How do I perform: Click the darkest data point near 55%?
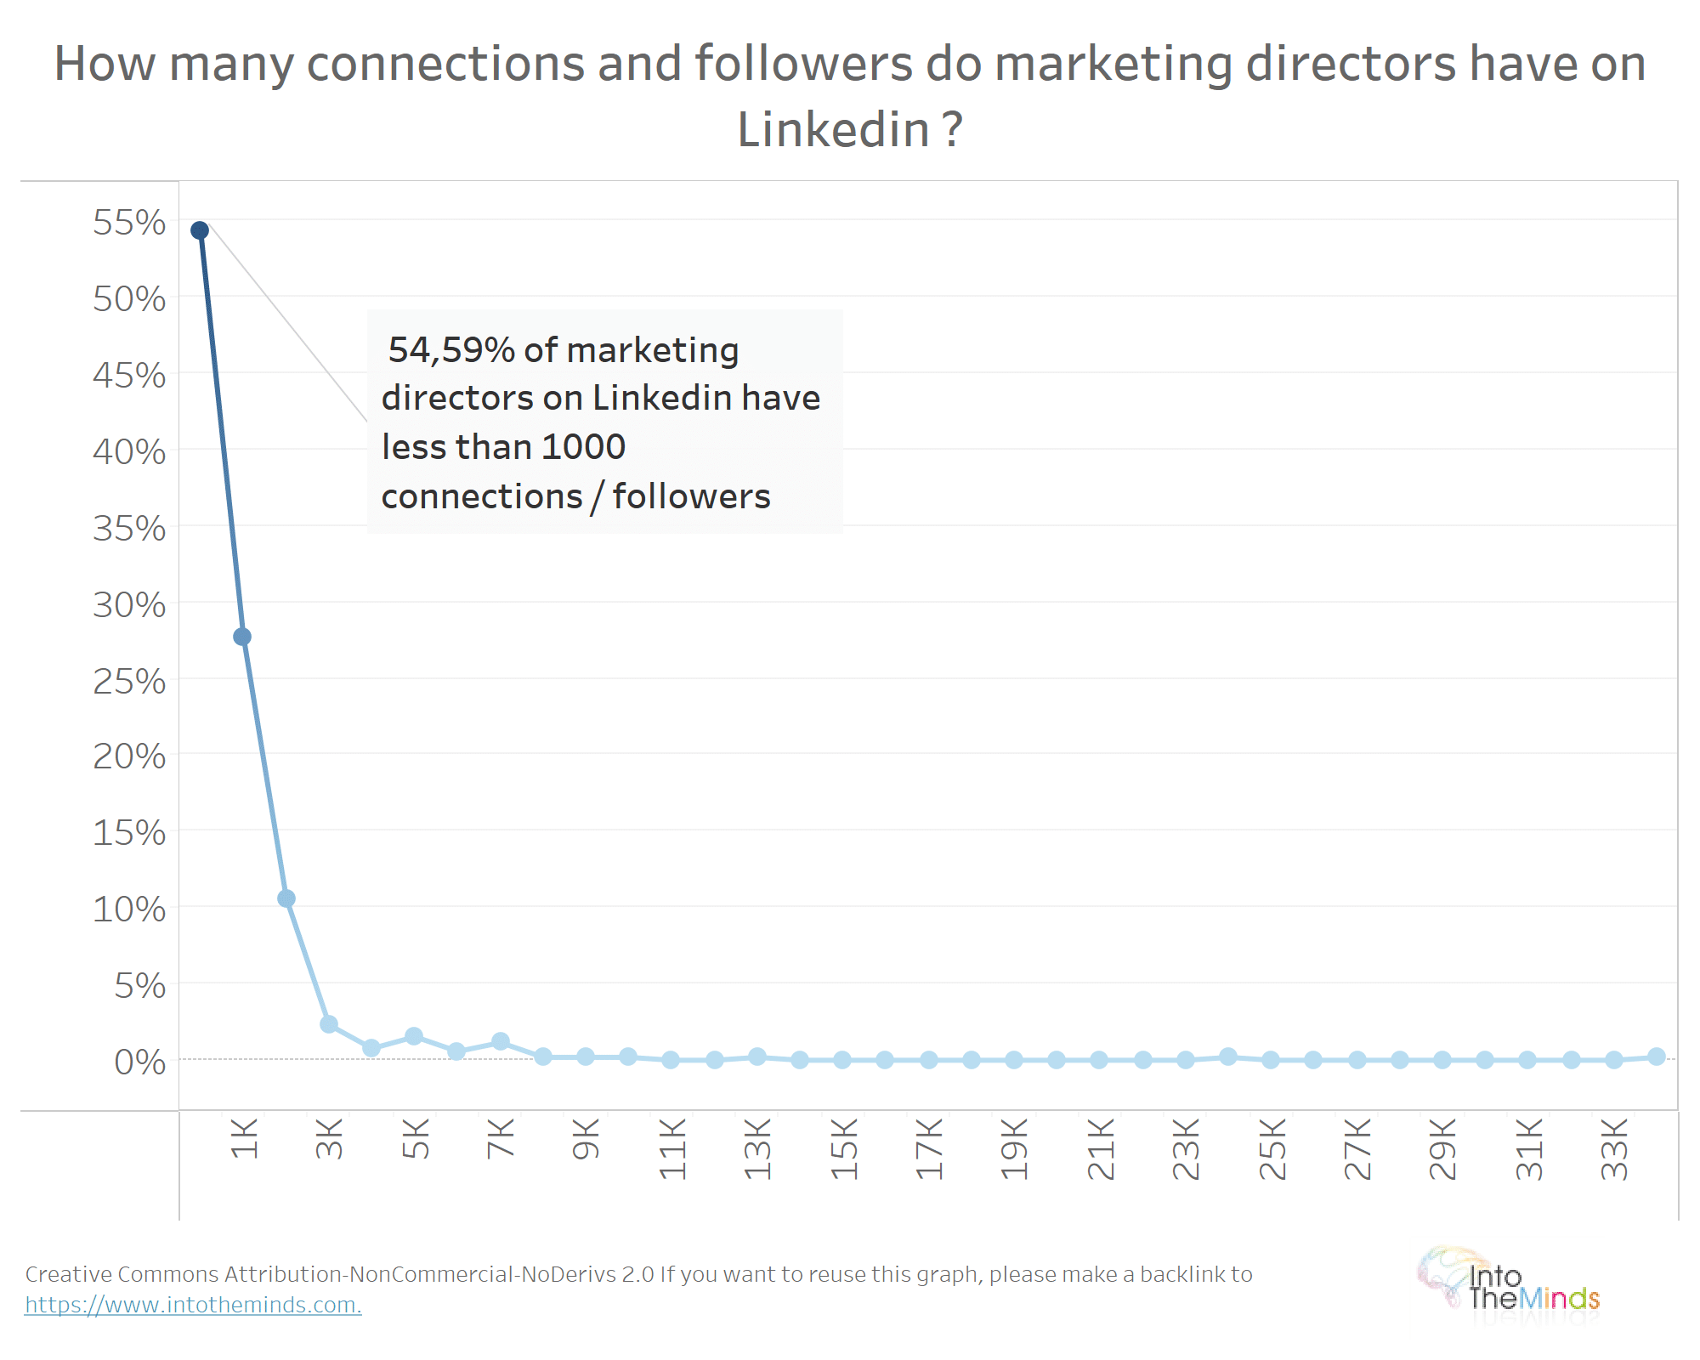200,230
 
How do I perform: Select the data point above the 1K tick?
242,637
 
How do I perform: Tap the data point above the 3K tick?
329,1024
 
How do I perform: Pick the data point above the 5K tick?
414,1036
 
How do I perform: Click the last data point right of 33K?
1657,1057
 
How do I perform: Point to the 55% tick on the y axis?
129,223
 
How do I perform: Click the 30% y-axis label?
129,605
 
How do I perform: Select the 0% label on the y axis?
140,1062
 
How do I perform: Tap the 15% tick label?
129,833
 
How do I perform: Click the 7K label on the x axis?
501,1139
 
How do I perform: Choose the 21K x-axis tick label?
1101,1149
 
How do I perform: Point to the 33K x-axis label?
1614,1149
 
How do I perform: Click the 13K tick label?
757,1149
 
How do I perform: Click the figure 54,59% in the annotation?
451,349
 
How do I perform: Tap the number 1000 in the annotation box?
583,447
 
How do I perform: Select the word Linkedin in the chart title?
833,130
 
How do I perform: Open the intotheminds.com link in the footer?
193,1305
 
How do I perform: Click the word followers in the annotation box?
691,496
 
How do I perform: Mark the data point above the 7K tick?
501,1041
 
